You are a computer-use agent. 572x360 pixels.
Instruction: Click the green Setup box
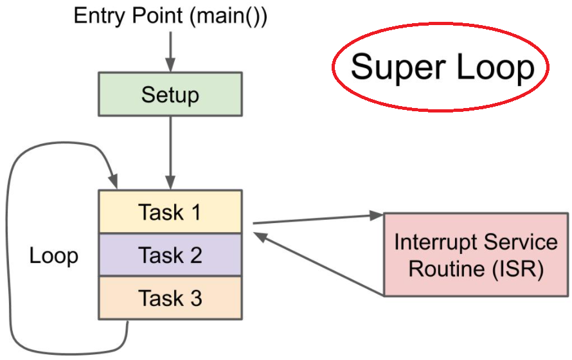170,95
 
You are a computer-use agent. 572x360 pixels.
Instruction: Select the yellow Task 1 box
170,212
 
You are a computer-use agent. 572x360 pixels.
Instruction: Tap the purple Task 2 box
170,255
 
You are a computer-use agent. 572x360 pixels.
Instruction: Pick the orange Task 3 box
170,298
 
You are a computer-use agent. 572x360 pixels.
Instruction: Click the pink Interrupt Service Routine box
476,255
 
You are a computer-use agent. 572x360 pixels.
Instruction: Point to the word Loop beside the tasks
54,256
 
